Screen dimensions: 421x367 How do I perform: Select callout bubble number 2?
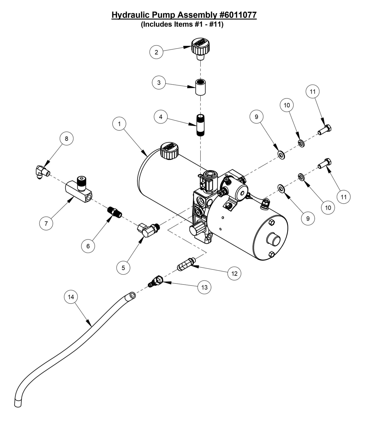click(x=156, y=52)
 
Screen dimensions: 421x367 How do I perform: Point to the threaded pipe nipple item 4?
click(x=200, y=125)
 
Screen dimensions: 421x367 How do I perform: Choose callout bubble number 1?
click(x=119, y=124)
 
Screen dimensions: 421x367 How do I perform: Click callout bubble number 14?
click(x=71, y=297)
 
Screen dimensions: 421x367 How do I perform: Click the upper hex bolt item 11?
click(x=325, y=130)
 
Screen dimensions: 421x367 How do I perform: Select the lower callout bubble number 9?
click(x=308, y=218)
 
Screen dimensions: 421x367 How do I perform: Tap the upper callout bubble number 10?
click(x=287, y=105)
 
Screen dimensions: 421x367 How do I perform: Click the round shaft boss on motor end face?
click(x=273, y=239)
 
